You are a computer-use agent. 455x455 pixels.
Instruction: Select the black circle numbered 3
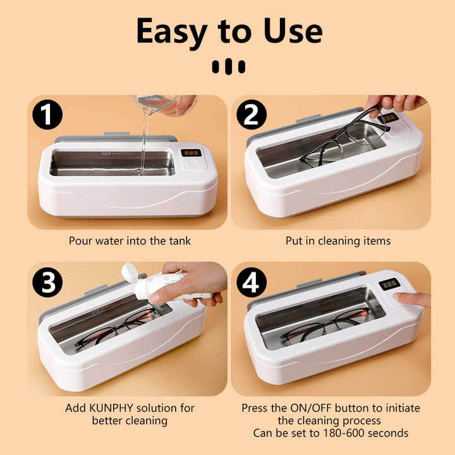click(48, 282)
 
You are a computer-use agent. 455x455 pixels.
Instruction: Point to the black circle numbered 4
click(252, 282)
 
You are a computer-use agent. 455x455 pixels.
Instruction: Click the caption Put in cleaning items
click(338, 241)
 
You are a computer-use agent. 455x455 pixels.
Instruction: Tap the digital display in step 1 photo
click(190, 153)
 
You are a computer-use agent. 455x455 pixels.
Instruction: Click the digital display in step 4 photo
click(389, 284)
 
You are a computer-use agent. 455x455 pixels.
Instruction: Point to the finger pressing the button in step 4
click(410, 299)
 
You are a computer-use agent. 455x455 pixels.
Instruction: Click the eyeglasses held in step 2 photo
click(344, 136)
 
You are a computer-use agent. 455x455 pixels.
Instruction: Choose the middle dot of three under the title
click(227, 67)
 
